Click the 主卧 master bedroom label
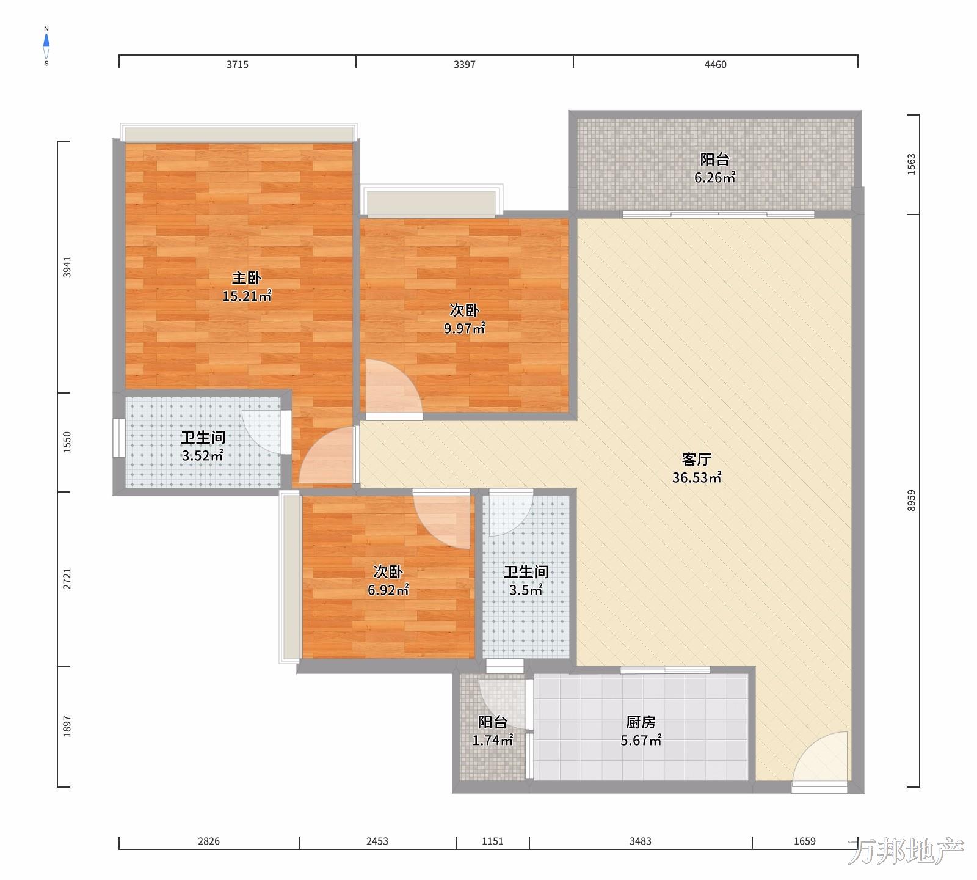click(247, 278)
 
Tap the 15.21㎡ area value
click(247, 296)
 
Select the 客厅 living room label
click(697, 459)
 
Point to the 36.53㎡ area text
click(697, 477)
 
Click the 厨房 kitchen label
click(641, 722)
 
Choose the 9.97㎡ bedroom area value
click(465, 328)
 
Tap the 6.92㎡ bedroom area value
click(388, 590)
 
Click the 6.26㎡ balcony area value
click(715, 178)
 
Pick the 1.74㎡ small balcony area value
click(493, 741)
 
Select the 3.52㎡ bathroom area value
click(203, 456)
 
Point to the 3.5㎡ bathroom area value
click(526, 590)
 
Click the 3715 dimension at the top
click(238, 65)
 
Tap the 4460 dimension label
click(716, 65)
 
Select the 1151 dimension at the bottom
click(493, 842)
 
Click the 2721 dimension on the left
click(67, 579)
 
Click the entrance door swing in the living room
click(820, 758)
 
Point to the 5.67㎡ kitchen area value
click(641, 741)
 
